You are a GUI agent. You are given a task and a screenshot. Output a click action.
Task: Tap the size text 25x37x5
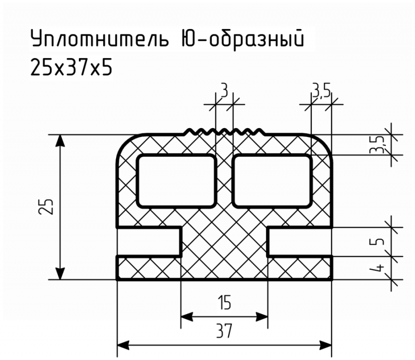(x=71, y=67)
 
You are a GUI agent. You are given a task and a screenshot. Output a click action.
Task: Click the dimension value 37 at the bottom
(x=224, y=330)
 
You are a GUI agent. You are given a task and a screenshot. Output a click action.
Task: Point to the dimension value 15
(x=225, y=302)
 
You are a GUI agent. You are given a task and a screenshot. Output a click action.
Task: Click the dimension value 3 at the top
(x=224, y=91)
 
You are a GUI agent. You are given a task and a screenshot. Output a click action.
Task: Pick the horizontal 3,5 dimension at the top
(x=321, y=92)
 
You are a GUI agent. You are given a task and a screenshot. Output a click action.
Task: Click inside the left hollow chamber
(x=176, y=181)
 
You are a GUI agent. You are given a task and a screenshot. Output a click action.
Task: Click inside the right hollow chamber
(x=272, y=181)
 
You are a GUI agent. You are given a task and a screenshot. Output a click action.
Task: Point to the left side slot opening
(x=149, y=242)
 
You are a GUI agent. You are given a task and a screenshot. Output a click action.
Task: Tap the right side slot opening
(x=300, y=242)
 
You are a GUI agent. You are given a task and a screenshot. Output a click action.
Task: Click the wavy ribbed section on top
(x=225, y=131)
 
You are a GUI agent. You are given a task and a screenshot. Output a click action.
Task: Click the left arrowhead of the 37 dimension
(x=123, y=345)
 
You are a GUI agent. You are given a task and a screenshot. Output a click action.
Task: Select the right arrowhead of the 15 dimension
(x=261, y=316)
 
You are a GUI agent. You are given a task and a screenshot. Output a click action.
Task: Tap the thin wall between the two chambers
(x=225, y=181)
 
